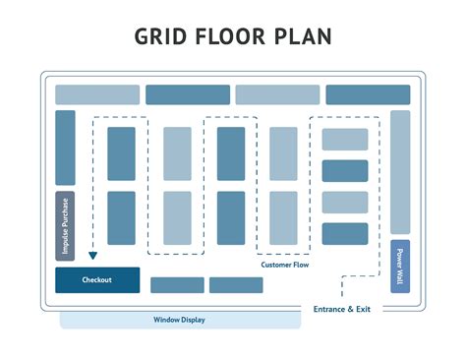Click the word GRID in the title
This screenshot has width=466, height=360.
(162, 36)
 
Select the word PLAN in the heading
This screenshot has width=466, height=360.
(303, 36)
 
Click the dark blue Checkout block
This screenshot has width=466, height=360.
(96, 280)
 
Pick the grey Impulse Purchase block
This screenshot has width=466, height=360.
(65, 225)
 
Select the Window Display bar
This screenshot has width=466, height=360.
(179, 320)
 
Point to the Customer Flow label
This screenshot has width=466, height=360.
(286, 265)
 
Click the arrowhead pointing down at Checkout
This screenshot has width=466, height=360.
(92, 256)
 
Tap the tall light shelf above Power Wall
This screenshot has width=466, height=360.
(400, 172)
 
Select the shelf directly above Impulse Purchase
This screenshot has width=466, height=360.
(65, 148)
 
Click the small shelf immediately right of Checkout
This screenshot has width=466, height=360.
(177, 285)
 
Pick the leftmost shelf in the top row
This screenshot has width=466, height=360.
(97, 94)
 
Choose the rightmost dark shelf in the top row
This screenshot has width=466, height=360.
(368, 94)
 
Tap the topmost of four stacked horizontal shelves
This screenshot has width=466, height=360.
(345, 140)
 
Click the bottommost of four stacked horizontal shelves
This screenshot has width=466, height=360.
(345, 234)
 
